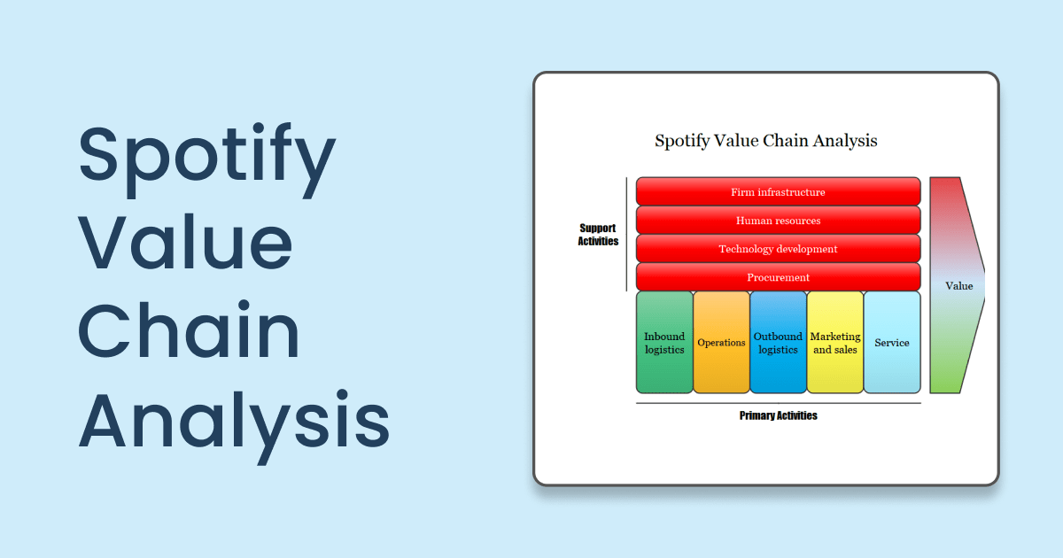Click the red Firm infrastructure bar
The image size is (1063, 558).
(778, 192)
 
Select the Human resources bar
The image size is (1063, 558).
(778, 221)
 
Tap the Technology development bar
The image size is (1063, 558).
(778, 249)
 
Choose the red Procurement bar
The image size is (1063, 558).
(778, 277)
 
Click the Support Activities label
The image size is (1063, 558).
(598, 235)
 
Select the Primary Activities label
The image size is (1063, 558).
(778, 415)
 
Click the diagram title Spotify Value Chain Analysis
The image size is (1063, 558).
(765, 140)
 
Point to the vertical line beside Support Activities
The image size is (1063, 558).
(627, 234)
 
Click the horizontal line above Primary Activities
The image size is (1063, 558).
(778, 404)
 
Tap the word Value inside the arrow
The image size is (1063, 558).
(958, 286)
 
